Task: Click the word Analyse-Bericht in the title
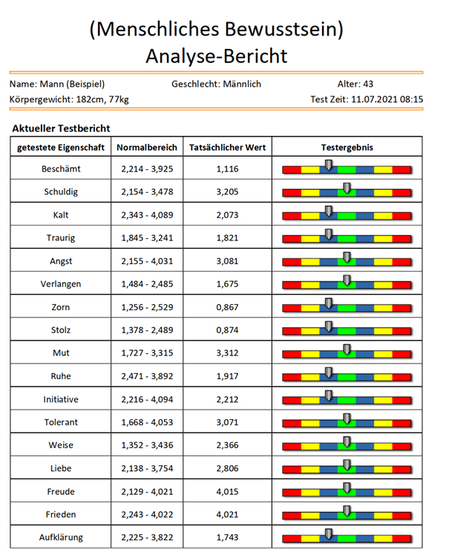(217, 56)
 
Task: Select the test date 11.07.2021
(374, 99)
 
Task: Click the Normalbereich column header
(147, 148)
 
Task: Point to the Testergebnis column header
(347, 148)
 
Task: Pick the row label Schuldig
(61, 191)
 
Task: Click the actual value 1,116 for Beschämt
(227, 169)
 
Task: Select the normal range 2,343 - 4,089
(147, 215)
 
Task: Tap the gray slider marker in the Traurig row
(329, 234)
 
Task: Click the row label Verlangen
(61, 284)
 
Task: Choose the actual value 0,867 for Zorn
(227, 307)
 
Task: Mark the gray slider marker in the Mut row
(347, 349)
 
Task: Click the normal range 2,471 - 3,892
(147, 376)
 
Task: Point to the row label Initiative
(61, 399)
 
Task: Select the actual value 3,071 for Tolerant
(227, 422)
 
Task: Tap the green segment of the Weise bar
(347, 447)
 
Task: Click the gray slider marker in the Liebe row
(347, 465)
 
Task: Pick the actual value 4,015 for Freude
(227, 491)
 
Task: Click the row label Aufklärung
(61, 537)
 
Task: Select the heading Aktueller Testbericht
(62, 128)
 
